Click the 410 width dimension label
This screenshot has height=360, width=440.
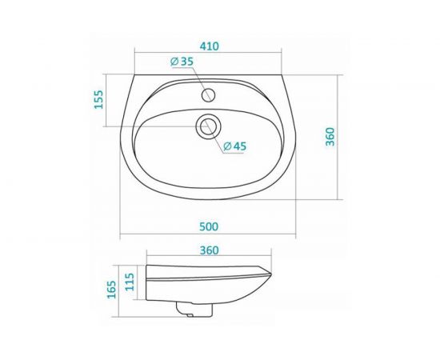[x=209, y=46]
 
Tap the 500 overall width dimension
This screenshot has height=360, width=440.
[x=210, y=227]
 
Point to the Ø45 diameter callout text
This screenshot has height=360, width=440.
[x=233, y=146]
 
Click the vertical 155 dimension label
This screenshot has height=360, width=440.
[x=99, y=100]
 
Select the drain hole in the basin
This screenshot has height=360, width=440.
[x=210, y=126]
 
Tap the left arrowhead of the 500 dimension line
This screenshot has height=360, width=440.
[x=121, y=238]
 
